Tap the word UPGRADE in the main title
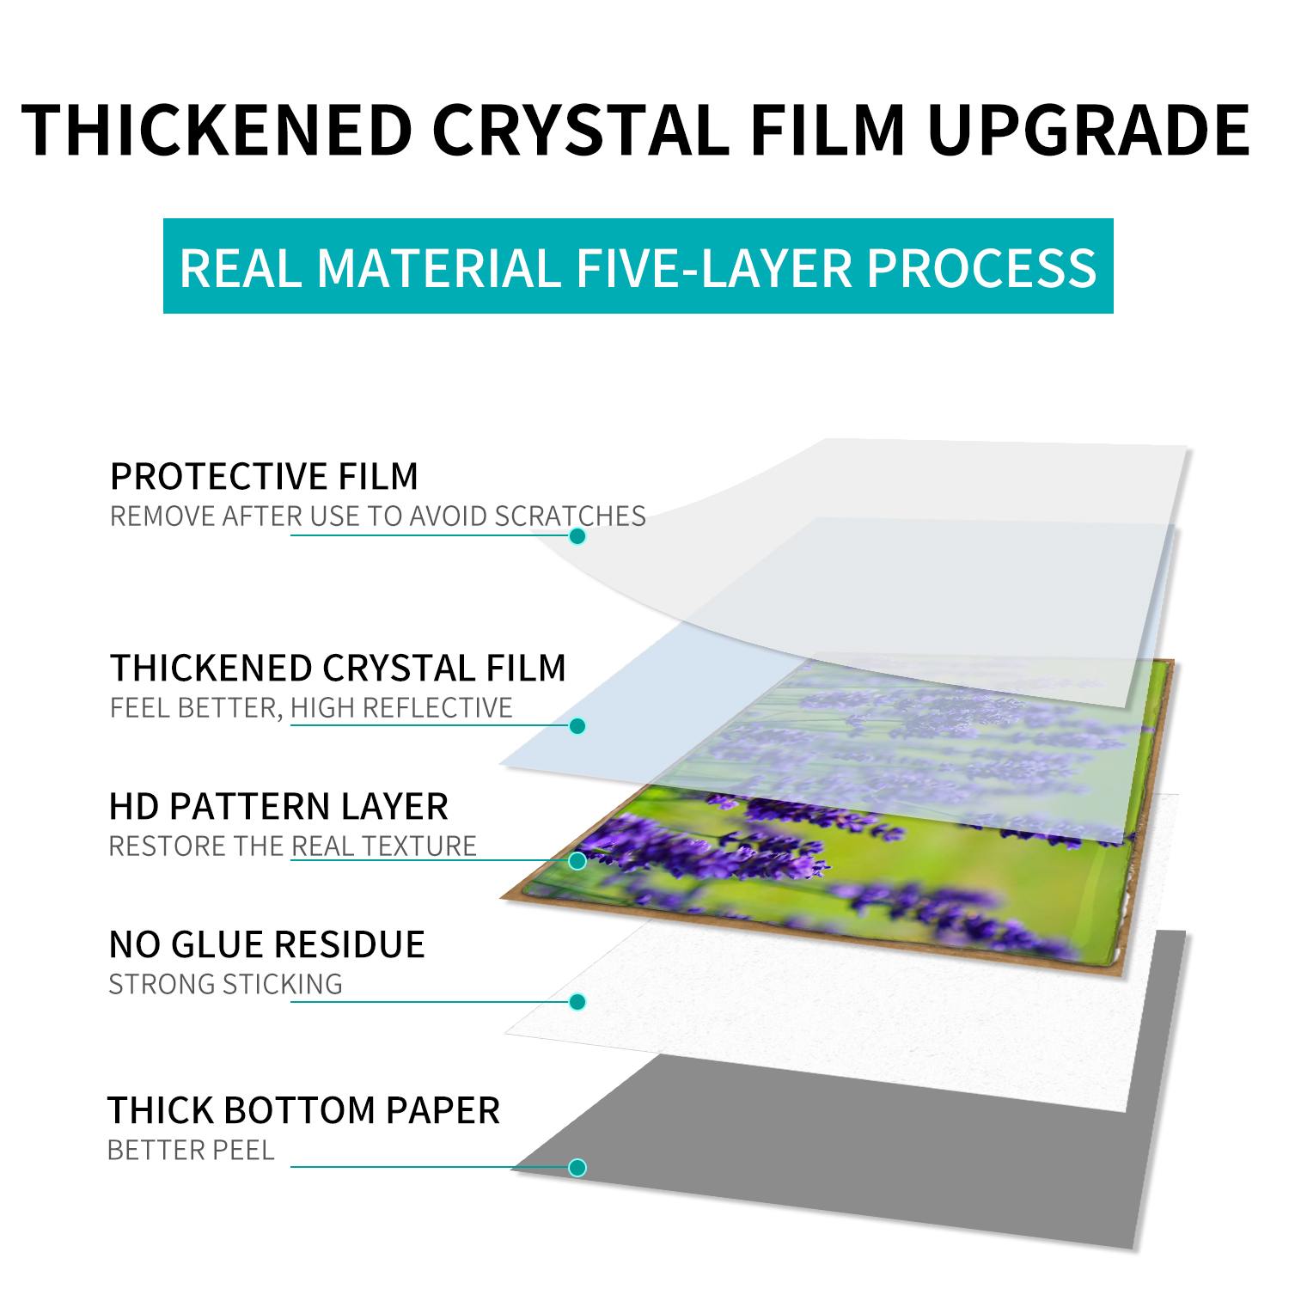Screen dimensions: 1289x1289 click(1089, 130)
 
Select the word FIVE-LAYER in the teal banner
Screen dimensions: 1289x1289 click(714, 267)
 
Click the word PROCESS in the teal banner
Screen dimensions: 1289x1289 click(981, 267)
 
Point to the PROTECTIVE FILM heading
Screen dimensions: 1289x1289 click(264, 476)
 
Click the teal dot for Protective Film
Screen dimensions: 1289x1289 click(577, 536)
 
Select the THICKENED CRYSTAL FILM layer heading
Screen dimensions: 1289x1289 click(338, 668)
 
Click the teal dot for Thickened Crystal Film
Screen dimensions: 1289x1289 click(577, 726)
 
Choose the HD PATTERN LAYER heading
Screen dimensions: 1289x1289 click(278, 806)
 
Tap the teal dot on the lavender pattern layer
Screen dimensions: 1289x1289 click(577, 860)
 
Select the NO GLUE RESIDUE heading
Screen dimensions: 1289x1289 click(266, 944)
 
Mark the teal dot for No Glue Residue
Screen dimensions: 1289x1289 click(577, 1002)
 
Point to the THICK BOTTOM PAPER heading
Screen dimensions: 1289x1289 click(303, 1110)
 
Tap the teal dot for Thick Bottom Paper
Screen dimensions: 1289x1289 click(577, 1168)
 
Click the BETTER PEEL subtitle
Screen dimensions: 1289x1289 click(191, 1151)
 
